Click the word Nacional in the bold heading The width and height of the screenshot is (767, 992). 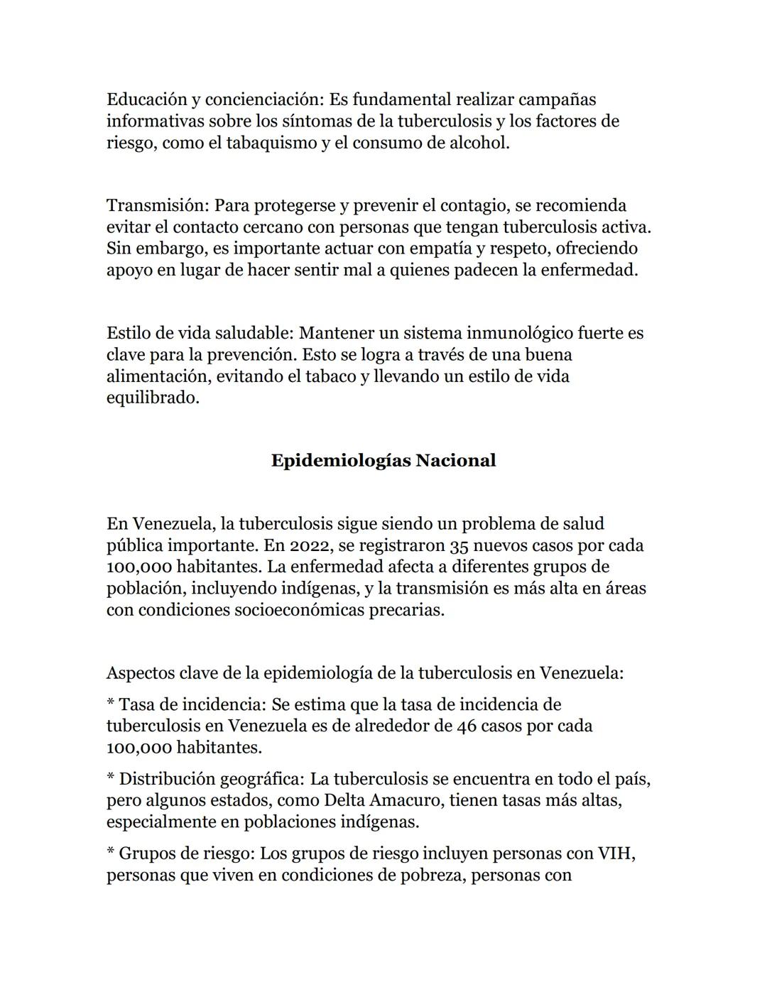(x=455, y=461)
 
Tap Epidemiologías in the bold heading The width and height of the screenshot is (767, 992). (x=341, y=461)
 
